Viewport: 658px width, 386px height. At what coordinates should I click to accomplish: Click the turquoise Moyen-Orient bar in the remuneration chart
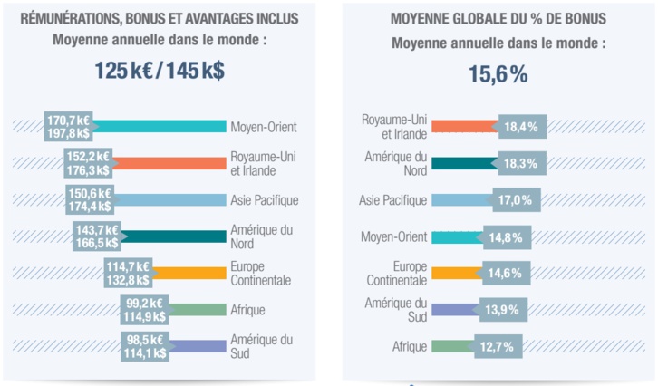pos(159,127)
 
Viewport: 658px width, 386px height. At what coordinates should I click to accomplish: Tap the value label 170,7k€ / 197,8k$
pos(69,127)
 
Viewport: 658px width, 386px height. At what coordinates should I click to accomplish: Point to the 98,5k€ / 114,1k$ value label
pos(145,345)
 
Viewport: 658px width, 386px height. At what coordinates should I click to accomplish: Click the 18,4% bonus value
pos(521,127)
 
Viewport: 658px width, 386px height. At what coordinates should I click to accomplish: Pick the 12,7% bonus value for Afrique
pos(497,345)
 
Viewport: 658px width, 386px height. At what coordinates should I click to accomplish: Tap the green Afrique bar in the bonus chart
pos(451,345)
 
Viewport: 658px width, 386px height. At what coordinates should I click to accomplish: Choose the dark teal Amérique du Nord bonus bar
pos(464,163)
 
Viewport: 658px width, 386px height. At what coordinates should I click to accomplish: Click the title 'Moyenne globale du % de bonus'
pos(498,19)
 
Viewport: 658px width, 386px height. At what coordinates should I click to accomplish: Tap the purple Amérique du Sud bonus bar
pos(457,309)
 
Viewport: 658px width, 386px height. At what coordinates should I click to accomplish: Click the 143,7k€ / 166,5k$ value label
pos(97,236)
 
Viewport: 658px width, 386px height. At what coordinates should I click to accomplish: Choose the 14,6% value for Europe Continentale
pos(506,272)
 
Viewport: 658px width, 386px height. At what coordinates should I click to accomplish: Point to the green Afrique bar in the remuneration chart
pos(198,309)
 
